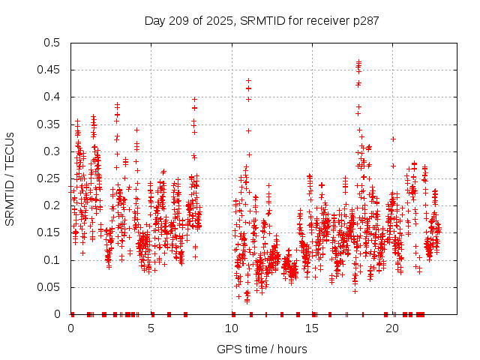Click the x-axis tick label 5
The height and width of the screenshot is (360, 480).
pos(151,328)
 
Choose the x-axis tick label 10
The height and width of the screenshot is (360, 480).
pos(232,328)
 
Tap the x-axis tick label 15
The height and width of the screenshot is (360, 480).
pos(312,328)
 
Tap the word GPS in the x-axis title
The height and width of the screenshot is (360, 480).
pos(228,349)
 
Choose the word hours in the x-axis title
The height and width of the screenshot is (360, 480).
pos(292,349)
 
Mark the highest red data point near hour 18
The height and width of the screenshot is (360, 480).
pos(358,61)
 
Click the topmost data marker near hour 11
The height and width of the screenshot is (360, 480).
pos(248,80)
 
